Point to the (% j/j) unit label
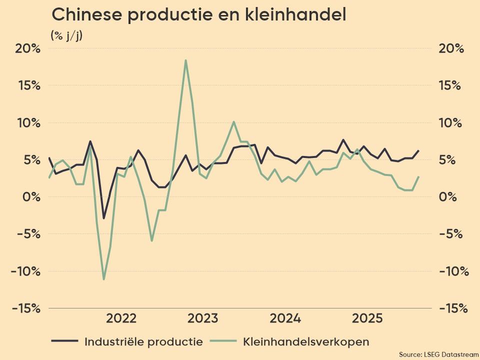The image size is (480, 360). [66, 35]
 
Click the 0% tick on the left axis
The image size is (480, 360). [30, 196]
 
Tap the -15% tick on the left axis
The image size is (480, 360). [26, 308]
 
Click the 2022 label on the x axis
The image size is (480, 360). [121, 318]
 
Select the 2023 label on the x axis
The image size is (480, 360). [202, 318]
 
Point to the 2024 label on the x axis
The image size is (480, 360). [285, 318]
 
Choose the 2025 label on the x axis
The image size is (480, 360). [367, 318]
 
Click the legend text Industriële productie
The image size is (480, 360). [143, 342]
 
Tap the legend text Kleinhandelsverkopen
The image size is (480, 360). [306, 342]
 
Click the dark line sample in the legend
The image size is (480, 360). [64, 342]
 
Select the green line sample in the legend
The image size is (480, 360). [223, 342]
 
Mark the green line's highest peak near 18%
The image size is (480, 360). [185, 60]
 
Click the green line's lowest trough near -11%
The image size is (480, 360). [103, 279]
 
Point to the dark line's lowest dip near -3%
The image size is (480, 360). [103, 218]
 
